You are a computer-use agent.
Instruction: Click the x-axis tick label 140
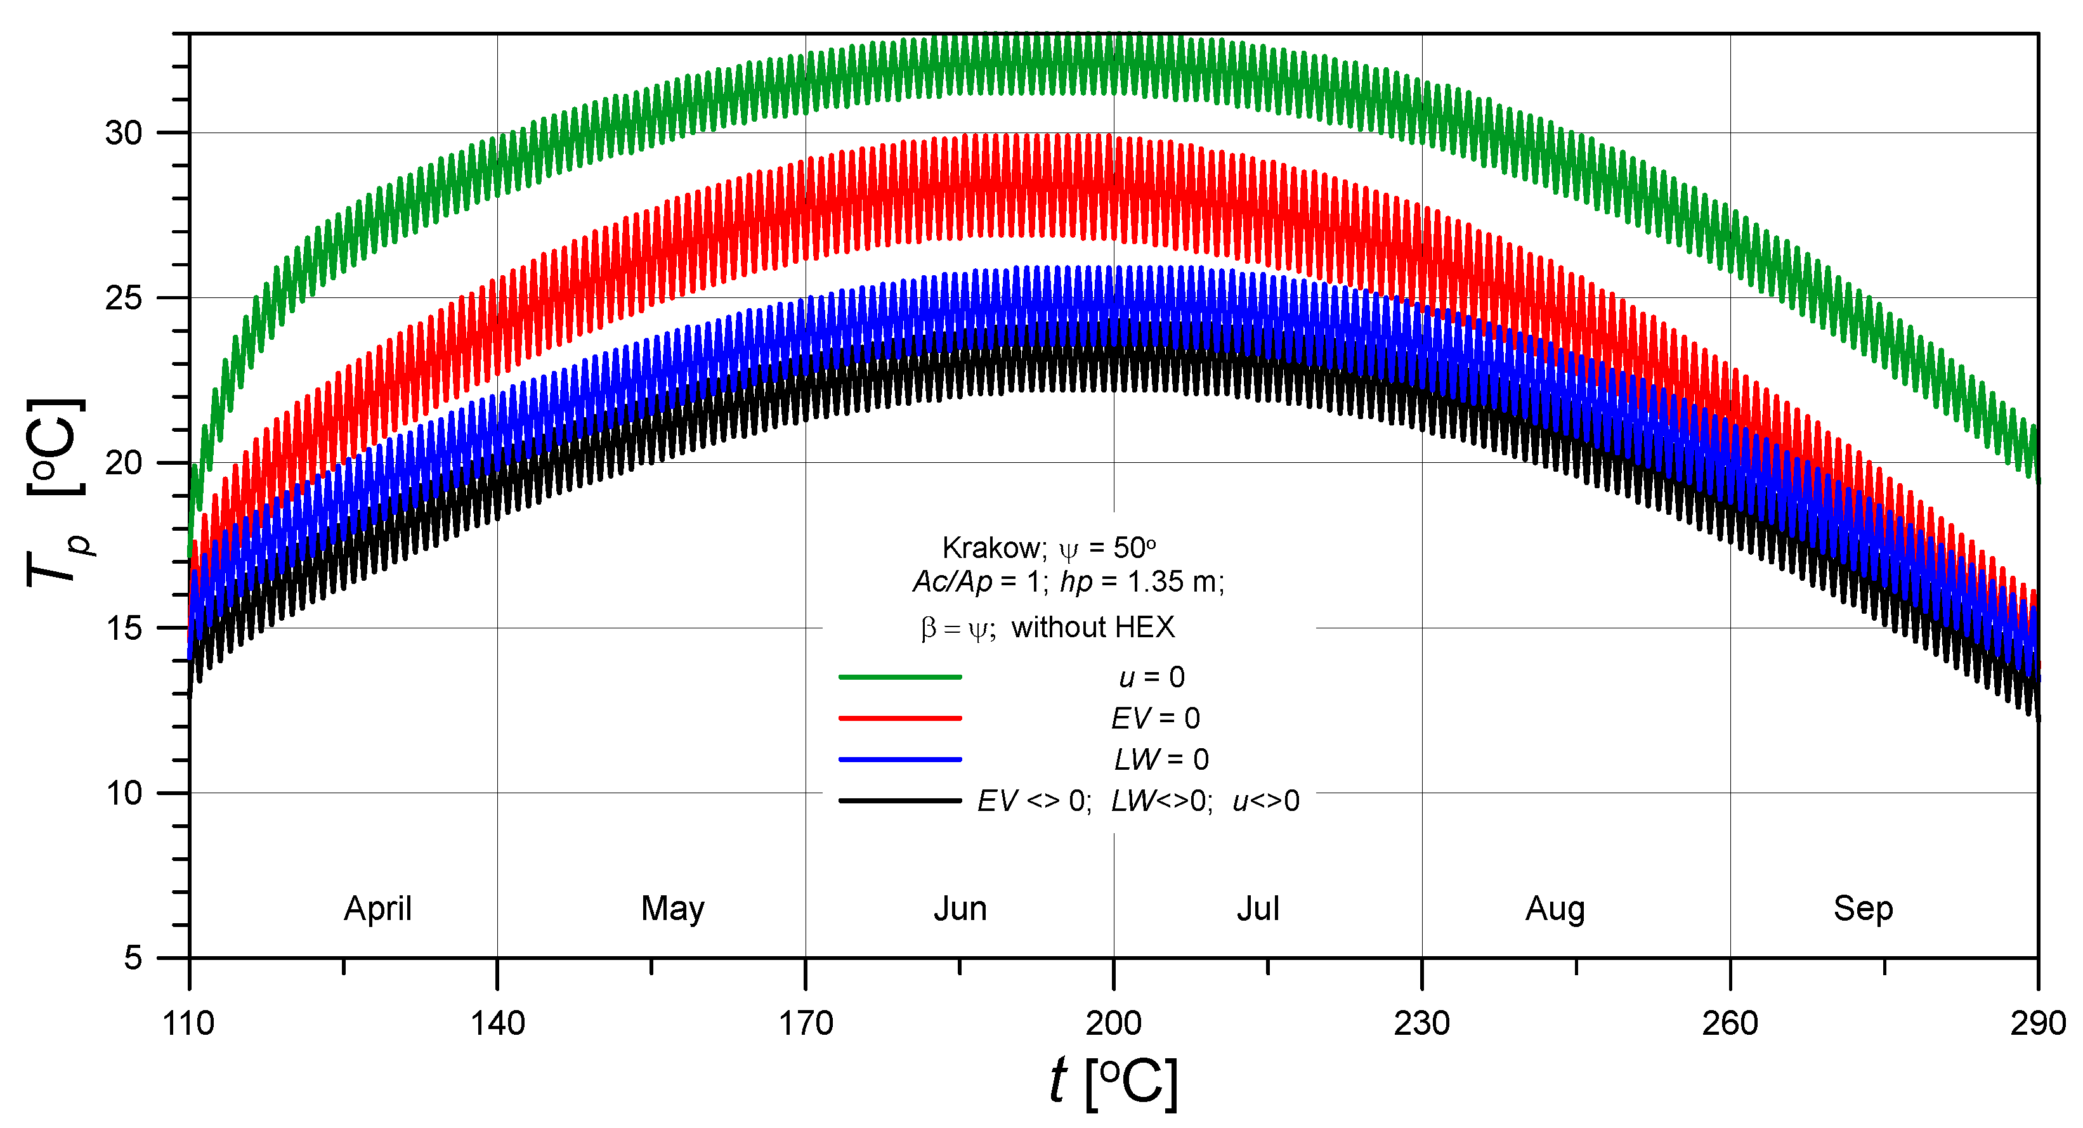coord(497,1023)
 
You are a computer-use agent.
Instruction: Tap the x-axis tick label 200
coord(1113,1023)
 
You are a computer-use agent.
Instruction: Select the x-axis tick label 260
coord(1730,1023)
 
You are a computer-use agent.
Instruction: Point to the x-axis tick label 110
coord(188,1023)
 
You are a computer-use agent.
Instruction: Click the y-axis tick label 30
coord(124,133)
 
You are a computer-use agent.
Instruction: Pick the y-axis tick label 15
coord(124,628)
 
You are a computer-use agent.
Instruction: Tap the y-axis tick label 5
coord(133,958)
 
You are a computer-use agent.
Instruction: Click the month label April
coord(377,909)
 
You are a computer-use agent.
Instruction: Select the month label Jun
coord(961,909)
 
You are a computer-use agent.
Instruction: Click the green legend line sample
coord(900,677)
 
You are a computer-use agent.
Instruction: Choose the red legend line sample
coord(900,718)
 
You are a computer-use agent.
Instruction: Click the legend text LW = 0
coord(1161,759)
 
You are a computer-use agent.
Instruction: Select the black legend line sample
coord(900,801)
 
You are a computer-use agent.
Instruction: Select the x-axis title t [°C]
coord(1113,1082)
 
